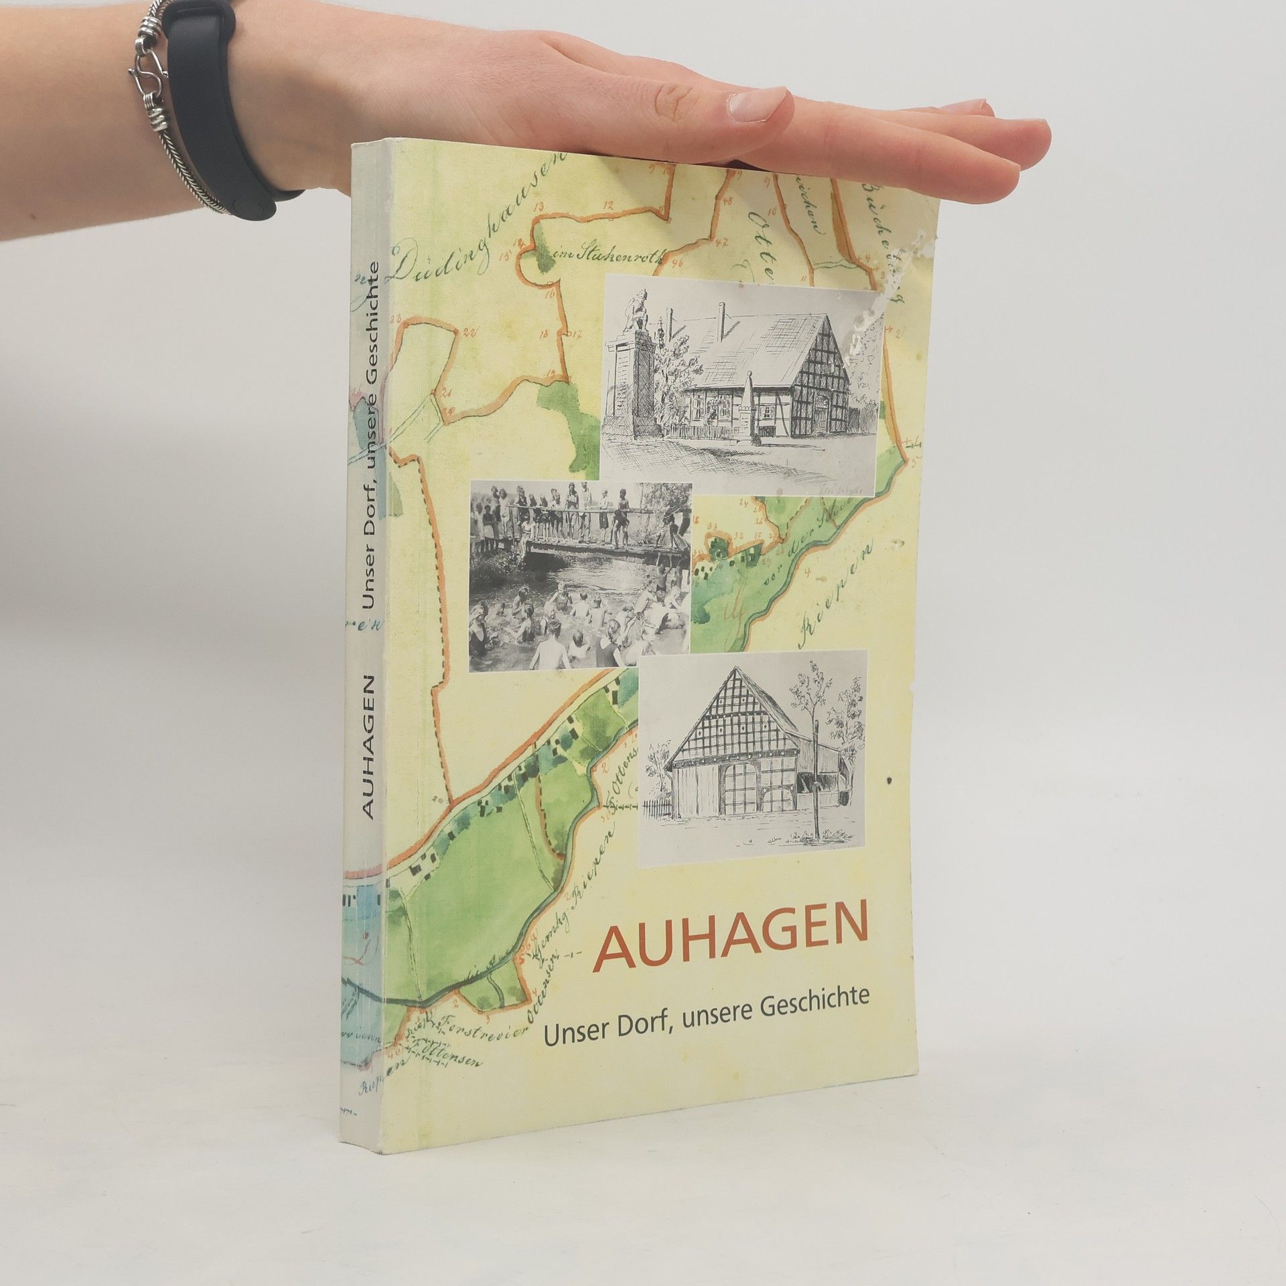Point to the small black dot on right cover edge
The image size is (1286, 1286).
point(889,780)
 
